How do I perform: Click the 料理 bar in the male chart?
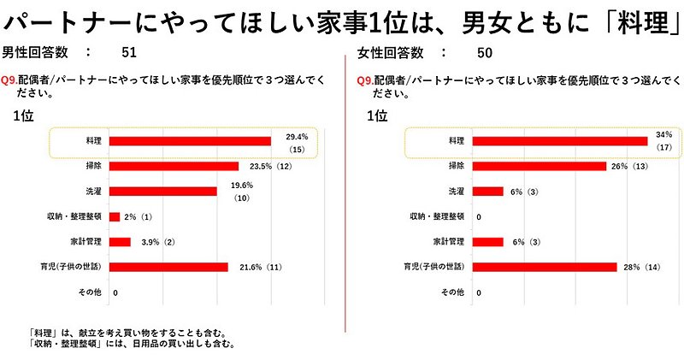(191, 141)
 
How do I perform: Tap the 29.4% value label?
(297, 137)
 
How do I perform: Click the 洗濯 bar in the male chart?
(163, 192)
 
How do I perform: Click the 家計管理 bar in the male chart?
(121, 242)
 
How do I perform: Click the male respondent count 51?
(129, 53)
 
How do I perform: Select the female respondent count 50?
(484, 53)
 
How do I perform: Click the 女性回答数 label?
(389, 53)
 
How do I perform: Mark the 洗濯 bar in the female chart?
(488, 192)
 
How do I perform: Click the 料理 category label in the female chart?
(455, 140)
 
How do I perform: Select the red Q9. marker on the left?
(10, 79)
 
